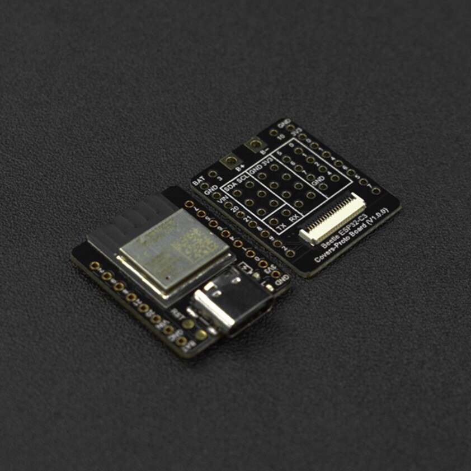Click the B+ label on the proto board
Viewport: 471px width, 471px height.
pyautogui.click(x=240, y=167)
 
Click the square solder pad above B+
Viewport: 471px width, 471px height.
pyautogui.click(x=229, y=162)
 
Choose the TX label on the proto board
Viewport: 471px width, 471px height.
pyautogui.click(x=282, y=227)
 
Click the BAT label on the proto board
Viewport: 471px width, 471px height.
pyautogui.click(x=198, y=182)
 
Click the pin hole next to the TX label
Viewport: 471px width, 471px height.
pyautogui.click(x=274, y=222)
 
